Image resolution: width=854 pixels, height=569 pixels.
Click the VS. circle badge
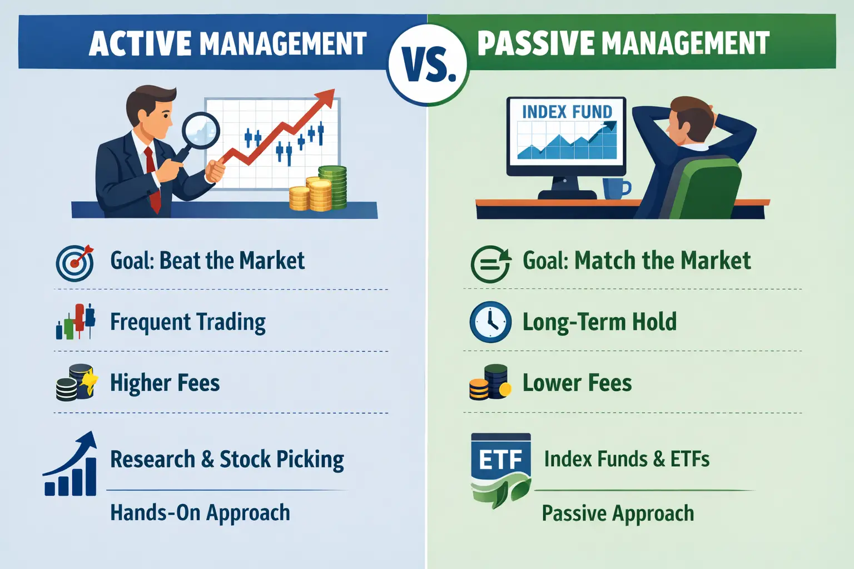428,65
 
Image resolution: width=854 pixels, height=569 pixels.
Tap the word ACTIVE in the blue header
140,43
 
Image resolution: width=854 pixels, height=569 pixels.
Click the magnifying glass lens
201,131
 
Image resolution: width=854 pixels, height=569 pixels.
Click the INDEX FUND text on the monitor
567,112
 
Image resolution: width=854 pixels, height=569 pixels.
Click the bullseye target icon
75,263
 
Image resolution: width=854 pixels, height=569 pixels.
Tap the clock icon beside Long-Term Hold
490,322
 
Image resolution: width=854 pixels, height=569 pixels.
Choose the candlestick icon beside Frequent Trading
76,321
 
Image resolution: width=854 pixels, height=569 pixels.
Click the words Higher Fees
165,383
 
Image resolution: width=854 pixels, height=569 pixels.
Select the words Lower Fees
577,383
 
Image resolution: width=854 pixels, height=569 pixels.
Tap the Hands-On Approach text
200,512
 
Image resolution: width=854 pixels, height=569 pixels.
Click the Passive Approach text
618,513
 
